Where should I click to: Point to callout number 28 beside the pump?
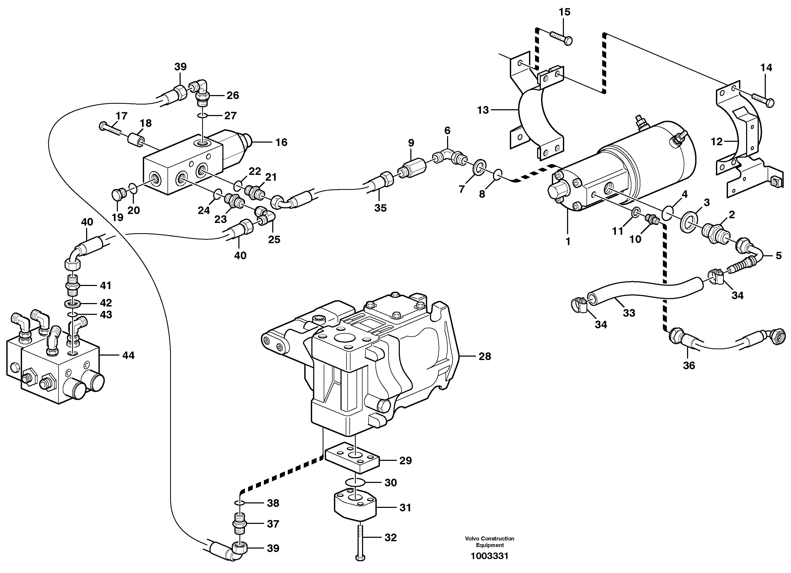pyautogui.click(x=485, y=356)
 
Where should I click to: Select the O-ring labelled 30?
pyautogui.click(x=355, y=482)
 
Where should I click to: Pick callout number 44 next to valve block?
pyautogui.click(x=128, y=356)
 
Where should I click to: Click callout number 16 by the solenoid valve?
pyautogui.click(x=281, y=142)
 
